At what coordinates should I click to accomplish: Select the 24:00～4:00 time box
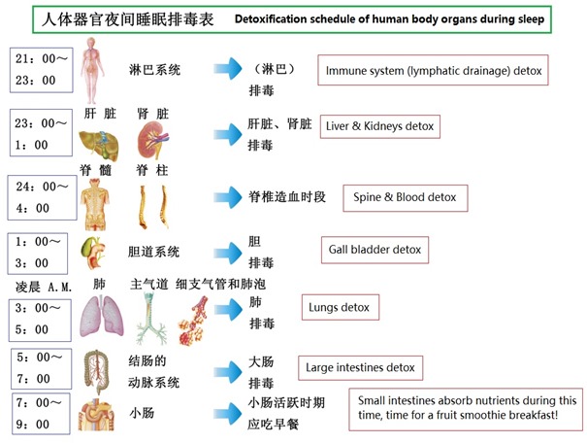point(42,196)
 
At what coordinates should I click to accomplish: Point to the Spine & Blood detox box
point(405,197)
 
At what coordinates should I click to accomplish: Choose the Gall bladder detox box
point(374,250)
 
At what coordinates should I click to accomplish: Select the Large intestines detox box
point(360,367)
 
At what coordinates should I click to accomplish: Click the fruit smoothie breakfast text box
point(468,409)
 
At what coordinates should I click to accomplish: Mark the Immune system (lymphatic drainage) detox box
point(434,71)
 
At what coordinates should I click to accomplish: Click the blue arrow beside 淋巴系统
point(228,70)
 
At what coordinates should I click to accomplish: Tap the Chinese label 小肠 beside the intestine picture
point(143,413)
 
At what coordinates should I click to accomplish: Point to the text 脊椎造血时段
point(287,197)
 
